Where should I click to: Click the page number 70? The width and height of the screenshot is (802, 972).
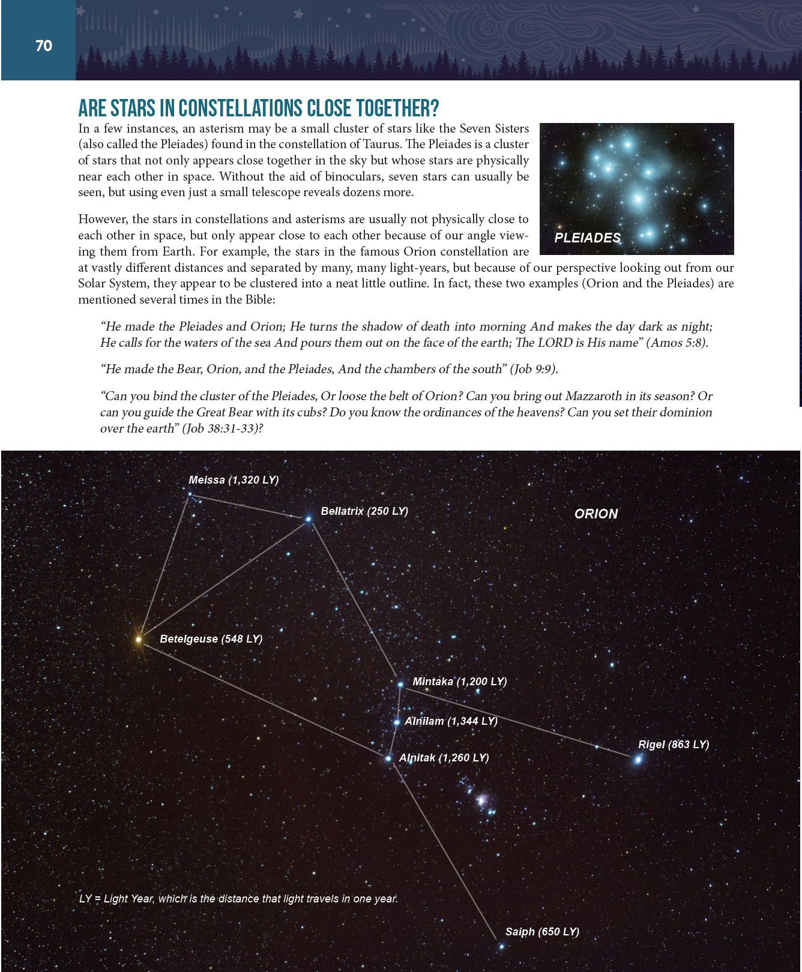tap(44, 46)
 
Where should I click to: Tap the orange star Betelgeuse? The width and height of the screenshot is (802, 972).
tap(139, 640)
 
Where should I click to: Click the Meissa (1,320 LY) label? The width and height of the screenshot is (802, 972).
tap(234, 480)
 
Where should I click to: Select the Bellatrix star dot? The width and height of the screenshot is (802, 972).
tap(309, 519)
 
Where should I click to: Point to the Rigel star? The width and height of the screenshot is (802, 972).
tap(638, 760)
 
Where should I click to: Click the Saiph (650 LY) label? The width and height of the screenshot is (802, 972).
tap(542, 932)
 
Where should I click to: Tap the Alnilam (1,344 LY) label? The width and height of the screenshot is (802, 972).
tap(451, 721)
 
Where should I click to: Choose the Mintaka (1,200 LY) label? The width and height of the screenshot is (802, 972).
tap(460, 682)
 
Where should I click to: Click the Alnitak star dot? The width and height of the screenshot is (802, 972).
tap(388, 758)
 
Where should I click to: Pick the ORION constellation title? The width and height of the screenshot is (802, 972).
tap(596, 514)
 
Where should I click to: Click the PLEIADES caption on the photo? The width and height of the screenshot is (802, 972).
tap(587, 238)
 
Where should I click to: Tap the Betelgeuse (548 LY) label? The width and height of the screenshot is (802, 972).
tap(211, 639)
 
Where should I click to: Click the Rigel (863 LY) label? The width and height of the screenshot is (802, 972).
tap(674, 745)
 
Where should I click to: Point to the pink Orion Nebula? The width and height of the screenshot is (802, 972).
tap(481, 800)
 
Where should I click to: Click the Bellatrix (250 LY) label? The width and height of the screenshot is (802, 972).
tap(364, 511)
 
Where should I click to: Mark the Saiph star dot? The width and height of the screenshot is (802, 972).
tap(501, 947)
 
